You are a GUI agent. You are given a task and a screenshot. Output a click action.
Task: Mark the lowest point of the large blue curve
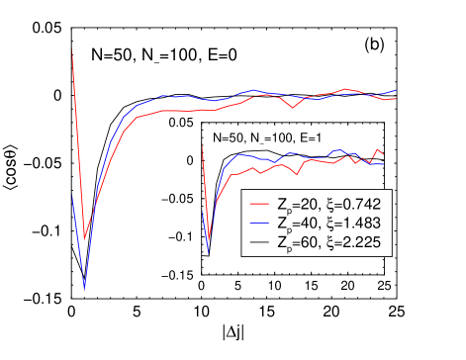click(85, 287)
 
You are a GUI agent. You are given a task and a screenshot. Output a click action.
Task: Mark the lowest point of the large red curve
click(85, 238)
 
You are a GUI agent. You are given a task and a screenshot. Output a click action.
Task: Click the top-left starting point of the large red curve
click(72, 47)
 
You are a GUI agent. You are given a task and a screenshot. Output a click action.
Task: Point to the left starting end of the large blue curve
click(72, 195)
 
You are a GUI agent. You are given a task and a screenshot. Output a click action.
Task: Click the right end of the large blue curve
click(396, 90)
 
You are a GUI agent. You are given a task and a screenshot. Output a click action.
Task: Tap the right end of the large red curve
click(396, 98)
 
